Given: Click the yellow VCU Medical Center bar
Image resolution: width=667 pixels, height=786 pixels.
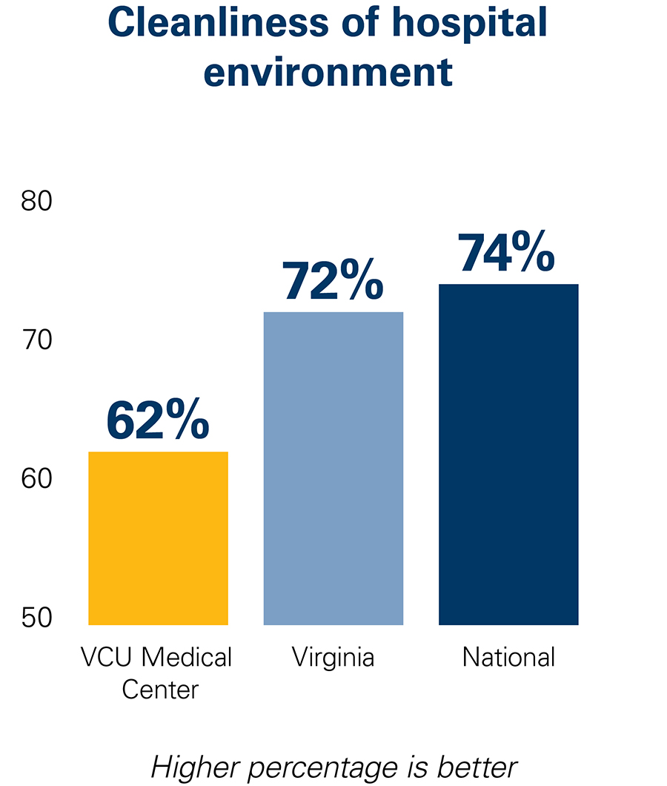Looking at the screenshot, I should pyautogui.click(x=158, y=538).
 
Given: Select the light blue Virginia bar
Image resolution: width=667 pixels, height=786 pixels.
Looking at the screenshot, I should pyautogui.click(x=333, y=468).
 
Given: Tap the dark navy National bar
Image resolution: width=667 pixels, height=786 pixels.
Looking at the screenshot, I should pyautogui.click(x=508, y=454).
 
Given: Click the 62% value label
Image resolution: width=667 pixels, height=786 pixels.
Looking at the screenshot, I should pyautogui.click(x=158, y=420).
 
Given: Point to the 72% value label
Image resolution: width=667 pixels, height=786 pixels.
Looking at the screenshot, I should pyautogui.click(x=333, y=281).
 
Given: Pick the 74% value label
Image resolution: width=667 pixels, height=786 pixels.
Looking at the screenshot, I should pyautogui.click(x=507, y=253).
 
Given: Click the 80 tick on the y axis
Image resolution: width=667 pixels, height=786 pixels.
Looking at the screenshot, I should pyautogui.click(x=36, y=202).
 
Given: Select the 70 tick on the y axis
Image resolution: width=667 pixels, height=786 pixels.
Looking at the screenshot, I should pyautogui.click(x=36, y=341).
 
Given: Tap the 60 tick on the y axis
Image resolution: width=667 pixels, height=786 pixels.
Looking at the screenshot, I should pyautogui.click(x=36, y=480).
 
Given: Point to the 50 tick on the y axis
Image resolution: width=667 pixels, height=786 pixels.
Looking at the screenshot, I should pyautogui.click(x=36, y=618).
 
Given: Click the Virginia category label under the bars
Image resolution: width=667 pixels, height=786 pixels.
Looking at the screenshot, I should pyautogui.click(x=333, y=658).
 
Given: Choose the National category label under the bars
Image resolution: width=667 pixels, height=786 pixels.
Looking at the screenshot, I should pyautogui.click(x=508, y=657).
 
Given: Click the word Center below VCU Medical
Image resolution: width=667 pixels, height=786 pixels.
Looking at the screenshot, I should pyautogui.click(x=160, y=690).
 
